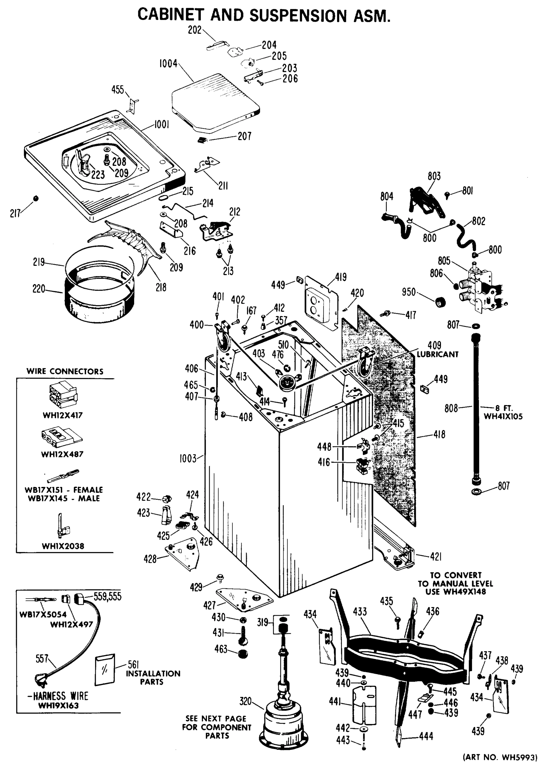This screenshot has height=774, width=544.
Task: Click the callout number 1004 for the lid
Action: click(x=168, y=64)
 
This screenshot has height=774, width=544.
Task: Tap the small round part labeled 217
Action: click(x=36, y=199)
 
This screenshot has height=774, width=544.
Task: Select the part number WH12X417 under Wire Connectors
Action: click(x=62, y=415)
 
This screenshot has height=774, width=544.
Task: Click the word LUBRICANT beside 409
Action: click(x=437, y=354)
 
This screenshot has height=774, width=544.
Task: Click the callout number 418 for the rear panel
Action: click(x=439, y=434)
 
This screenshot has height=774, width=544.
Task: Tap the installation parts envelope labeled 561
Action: click(x=105, y=670)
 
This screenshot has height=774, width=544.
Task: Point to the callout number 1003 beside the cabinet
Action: click(x=188, y=459)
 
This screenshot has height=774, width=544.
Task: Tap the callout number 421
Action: click(x=435, y=557)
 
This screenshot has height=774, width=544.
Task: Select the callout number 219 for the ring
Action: click(x=39, y=262)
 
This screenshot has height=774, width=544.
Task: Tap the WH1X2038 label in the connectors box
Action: click(x=63, y=546)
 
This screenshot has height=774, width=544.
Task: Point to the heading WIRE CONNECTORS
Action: click(x=65, y=371)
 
